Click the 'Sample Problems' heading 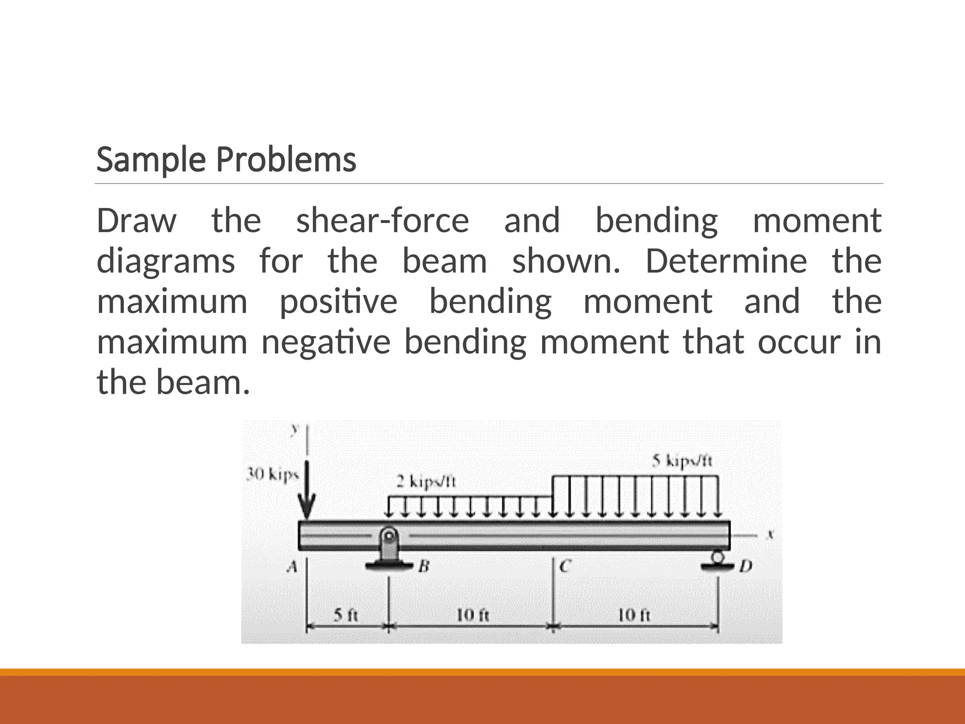[x=226, y=160]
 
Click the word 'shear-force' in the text [x=382, y=221]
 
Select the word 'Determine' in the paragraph [x=726, y=261]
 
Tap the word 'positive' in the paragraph [x=338, y=302]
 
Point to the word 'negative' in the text [x=326, y=342]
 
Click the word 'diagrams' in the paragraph [x=165, y=261]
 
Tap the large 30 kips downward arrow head [x=307, y=509]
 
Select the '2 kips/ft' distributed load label [x=426, y=482]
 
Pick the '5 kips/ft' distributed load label [x=683, y=460]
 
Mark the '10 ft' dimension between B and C [x=473, y=615]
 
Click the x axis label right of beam [x=771, y=535]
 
